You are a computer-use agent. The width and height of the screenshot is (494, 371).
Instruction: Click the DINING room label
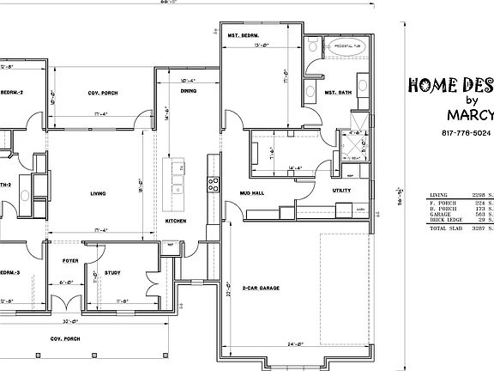pyautogui.click(x=189, y=90)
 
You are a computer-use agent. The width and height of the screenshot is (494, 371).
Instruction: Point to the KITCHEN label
pyautogui.click(x=176, y=222)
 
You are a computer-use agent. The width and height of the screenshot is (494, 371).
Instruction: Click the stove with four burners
pyautogui.click(x=214, y=183)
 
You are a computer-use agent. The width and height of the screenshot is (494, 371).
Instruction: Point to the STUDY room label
pyautogui.click(x=111, y=274)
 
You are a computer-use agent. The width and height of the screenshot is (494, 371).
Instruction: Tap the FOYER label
pyautogui.click(x=69, y=257)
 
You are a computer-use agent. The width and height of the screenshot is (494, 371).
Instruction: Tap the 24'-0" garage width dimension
pyautogui.click(x=296, y=344)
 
